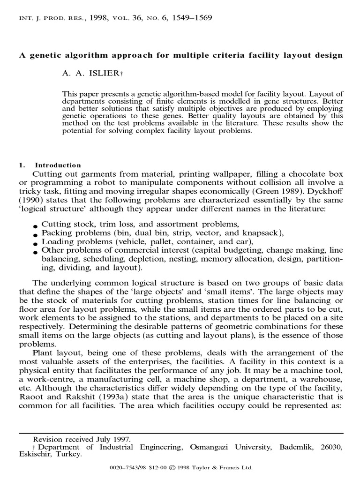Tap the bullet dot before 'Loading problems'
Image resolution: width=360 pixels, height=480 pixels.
[35, 243]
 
